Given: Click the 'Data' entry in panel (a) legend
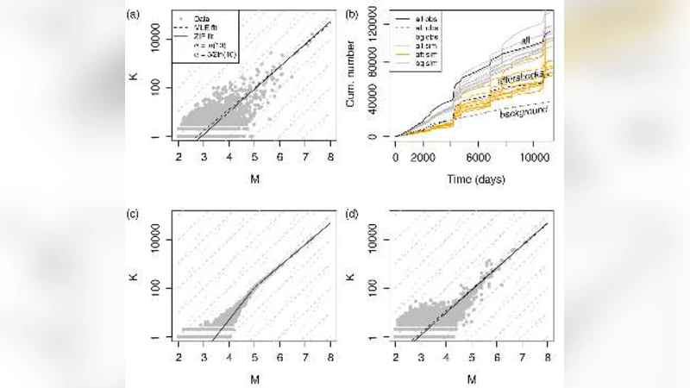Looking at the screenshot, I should coord(204,18).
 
